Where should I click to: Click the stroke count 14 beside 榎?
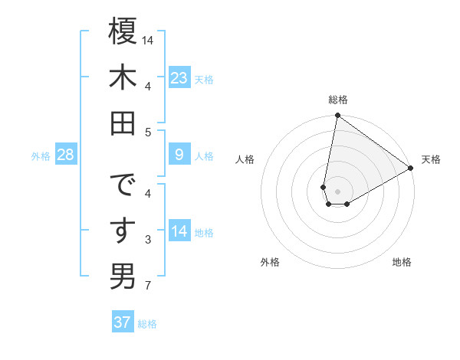[149, 39]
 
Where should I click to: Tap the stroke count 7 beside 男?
[149, 286]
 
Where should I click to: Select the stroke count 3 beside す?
[149, 240]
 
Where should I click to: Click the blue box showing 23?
[179, 77]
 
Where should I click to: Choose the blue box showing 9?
[179, 155]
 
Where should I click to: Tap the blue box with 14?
[179, 231]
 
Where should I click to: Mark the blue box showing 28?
[66, 155]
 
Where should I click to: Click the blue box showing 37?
[122, 322]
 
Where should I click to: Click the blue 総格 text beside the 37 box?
[147, 324]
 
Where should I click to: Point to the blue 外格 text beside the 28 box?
[41, 156]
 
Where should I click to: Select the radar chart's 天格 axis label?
[431, 159]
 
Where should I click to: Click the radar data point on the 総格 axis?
[337, 116]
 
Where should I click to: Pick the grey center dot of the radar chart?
[337, 190]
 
